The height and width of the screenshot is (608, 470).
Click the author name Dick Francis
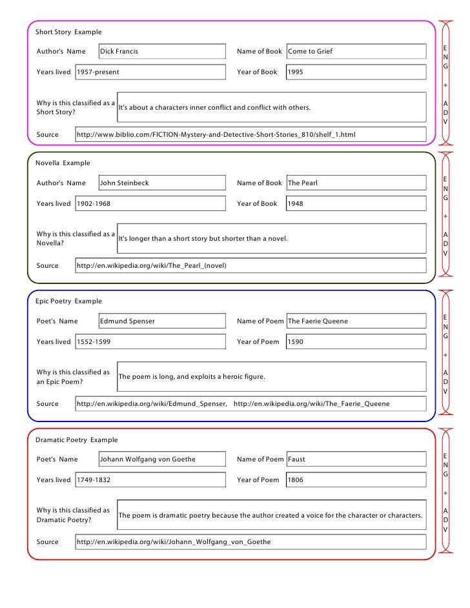pyautogui.click(x=119, y=52)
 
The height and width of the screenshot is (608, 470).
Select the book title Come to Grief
pyautogui.click(x=311, y=52)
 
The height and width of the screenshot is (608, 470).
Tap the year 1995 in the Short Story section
pyautogui.click(x=296, y=72)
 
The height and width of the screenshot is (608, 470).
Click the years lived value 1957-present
pyautogui.click(x=98, y=72)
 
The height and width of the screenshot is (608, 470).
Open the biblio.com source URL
pyautogui.click(x=216, y=135)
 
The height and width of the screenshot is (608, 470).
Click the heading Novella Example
pyautogui.click(x=63, y=163)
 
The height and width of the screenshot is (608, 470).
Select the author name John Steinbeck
pyautogui.click(x=125, y=183)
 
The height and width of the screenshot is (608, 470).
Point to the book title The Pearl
pyautogui.click(x=303, y=183)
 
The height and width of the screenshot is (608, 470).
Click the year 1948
pyautogui.click(x=296, y=204)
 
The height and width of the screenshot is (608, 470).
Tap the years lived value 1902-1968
pyautogui.click(x=94, y=204)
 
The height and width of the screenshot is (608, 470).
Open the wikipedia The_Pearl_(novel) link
pyautogui.click(x=152, y=266)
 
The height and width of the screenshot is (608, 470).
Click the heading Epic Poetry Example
pyautogui.click(x=69, y=301)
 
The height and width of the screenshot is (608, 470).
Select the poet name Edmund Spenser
pyautogui.click(x=128, y=321)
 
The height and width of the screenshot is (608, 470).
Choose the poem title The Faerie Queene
pyautogui.click(x=318, y=321)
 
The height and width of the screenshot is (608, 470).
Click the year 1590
pyautogui.click(x=296, y=342)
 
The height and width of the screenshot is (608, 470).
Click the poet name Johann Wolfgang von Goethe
pyautogui.click(x=148, y=460)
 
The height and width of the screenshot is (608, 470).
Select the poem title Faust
pyautogui.click(x=297, y=460)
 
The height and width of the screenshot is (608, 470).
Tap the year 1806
pyautogui.click(x=296, y=480)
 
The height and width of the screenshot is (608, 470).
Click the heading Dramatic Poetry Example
pyautogui.click(x=77, y=440)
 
